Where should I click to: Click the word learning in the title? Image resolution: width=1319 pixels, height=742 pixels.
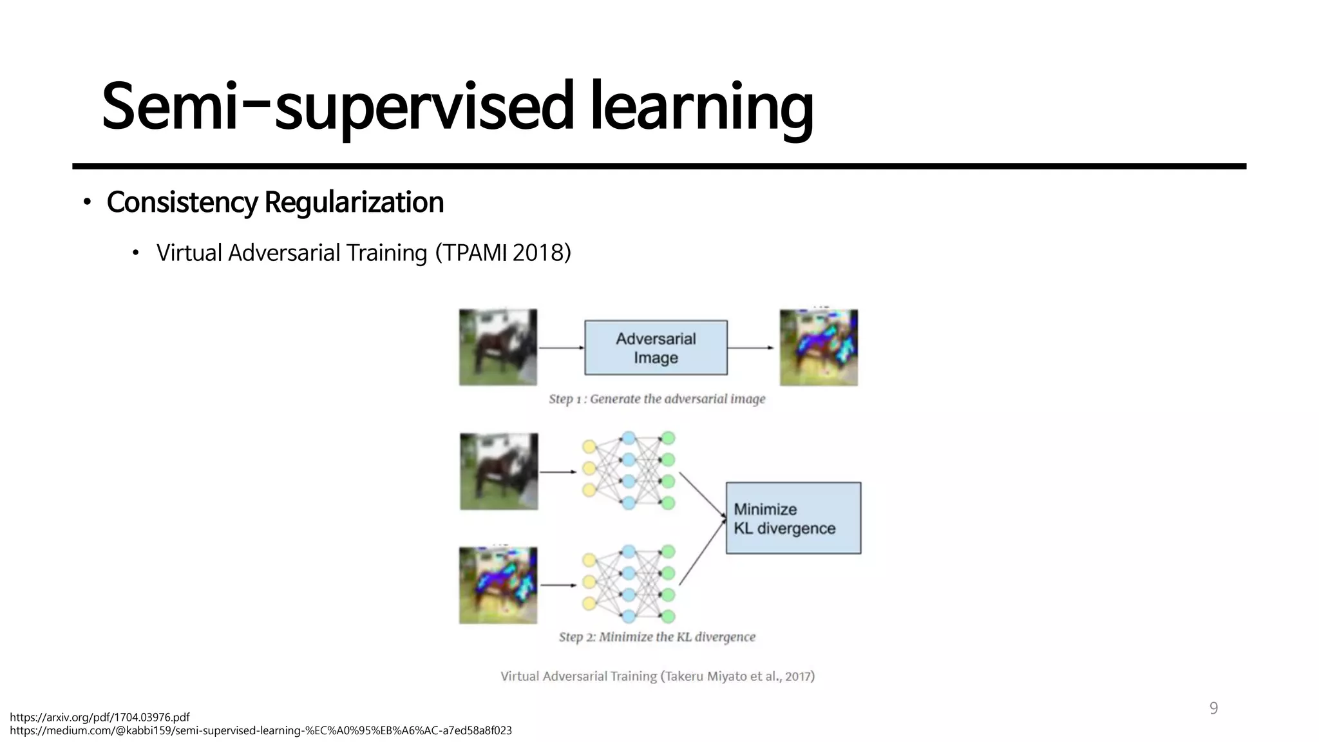point(702,106)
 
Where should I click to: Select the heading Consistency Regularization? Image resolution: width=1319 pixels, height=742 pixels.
point(275,202)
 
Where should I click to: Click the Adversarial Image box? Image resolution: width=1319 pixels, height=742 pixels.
point(656,348)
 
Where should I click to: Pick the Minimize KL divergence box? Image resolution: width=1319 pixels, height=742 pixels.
point(793,518)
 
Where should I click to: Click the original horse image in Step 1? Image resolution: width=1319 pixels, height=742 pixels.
point(498,347)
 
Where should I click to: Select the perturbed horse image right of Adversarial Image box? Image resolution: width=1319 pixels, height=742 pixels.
point(819,348)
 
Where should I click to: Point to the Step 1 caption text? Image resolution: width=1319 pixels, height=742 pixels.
point(657,399)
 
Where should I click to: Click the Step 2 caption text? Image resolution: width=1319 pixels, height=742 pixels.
point(657,637)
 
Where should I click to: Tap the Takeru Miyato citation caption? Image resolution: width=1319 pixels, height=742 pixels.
point(658,676)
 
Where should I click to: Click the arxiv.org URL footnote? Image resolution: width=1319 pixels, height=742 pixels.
point(100,717)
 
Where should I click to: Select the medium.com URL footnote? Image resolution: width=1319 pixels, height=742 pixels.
point(261,730)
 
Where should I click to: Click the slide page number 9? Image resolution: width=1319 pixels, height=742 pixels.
point(1213,709)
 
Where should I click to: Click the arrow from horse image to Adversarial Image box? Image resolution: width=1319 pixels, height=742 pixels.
point(560,348)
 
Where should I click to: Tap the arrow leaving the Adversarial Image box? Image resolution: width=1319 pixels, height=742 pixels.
point(751,348)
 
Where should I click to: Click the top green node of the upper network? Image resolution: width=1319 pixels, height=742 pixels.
point(669,438)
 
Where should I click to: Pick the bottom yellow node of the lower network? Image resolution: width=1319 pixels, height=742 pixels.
point(589,604)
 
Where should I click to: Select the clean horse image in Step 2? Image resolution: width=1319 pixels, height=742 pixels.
point(498,471)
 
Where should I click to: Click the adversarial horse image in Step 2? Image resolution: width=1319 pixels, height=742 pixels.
point(498,585)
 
